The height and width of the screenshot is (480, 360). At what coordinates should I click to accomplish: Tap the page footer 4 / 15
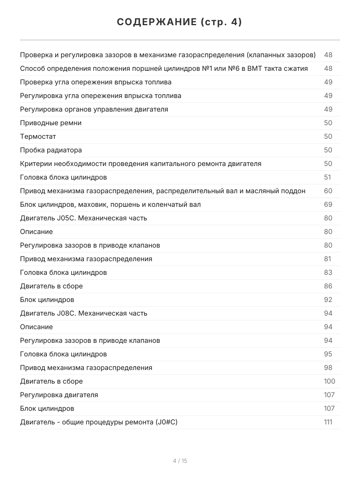tap(180, 461)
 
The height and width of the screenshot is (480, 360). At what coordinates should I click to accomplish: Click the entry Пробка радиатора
tap(51, 150)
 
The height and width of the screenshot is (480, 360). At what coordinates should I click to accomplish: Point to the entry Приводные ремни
tap(51, 123)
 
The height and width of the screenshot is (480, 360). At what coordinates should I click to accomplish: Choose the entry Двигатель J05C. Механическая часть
tap(84, 218)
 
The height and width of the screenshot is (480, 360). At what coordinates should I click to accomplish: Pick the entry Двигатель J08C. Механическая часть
tap(84, 313)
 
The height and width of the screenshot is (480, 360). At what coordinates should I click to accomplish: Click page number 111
tap(328, 422)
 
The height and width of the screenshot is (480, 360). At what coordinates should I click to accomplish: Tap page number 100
tap(329, 381)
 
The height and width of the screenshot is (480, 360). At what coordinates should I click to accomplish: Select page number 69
tap(328, 204)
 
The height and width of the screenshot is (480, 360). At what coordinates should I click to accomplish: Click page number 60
tap(328, 191)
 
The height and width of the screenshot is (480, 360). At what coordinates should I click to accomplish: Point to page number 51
tap(328, 177)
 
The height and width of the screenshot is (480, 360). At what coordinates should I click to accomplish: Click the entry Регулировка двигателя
tap(59, 395)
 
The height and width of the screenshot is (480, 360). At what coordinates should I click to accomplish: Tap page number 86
tap(328, 286)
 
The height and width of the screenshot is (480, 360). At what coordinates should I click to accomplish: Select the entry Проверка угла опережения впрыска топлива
tap(96, 82)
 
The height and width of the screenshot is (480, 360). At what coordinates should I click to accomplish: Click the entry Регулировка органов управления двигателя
tap(94, 109)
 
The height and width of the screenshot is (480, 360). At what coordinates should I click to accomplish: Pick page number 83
tap(328, 272)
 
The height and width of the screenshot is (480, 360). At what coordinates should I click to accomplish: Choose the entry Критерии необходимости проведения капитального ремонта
tap(140, 164)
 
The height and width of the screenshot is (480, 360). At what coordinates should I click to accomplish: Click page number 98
tap(328, 368)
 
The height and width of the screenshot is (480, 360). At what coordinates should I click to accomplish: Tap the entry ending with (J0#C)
tap(98, 422)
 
